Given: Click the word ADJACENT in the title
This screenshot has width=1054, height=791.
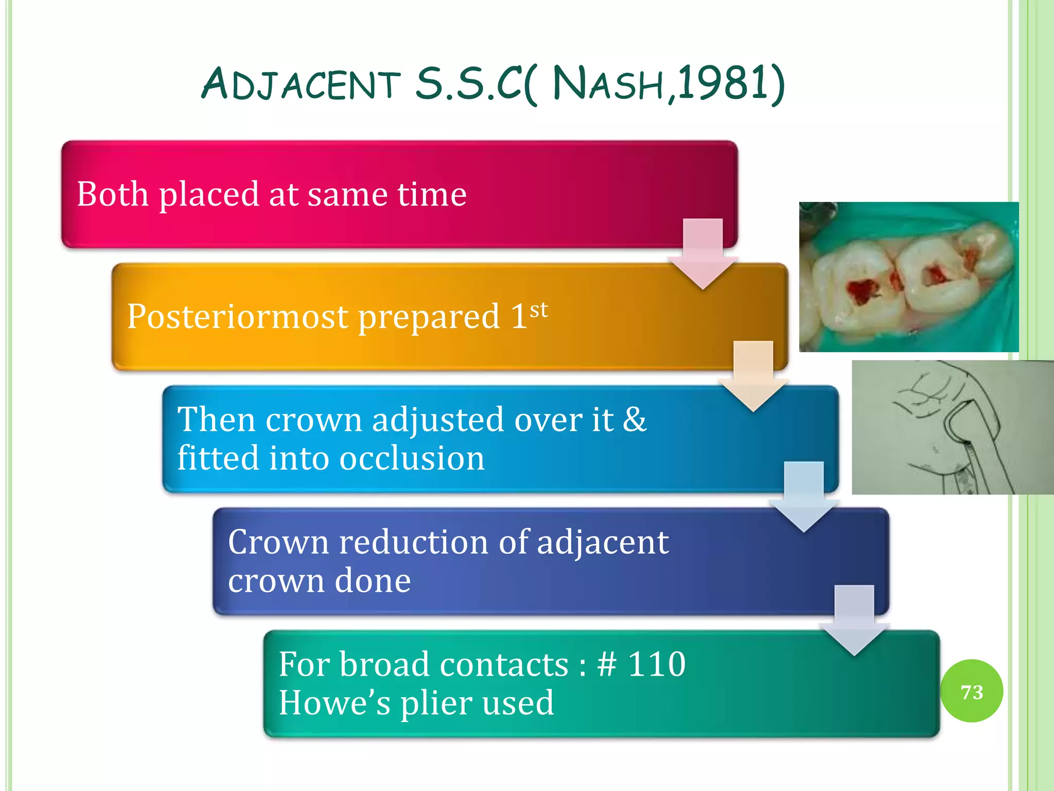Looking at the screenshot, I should [301, 84].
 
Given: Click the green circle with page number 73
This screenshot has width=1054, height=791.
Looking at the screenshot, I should [971, 691].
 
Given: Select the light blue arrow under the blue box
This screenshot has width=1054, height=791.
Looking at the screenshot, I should [803, 497].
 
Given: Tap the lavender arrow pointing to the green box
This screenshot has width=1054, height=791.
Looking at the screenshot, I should [854, 620].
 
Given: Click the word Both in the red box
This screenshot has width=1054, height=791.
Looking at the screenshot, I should [113, 194].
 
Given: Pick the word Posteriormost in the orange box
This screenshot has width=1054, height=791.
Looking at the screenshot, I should [237, 316].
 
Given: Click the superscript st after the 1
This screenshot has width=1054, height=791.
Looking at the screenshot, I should [538, 310].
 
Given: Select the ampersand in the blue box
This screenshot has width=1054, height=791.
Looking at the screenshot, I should [634, 419].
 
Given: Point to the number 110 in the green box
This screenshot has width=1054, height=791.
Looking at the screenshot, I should [657, 664].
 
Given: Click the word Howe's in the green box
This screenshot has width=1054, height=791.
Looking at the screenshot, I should [335, 703].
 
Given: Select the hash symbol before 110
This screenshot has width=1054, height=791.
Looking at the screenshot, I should [606, 664].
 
